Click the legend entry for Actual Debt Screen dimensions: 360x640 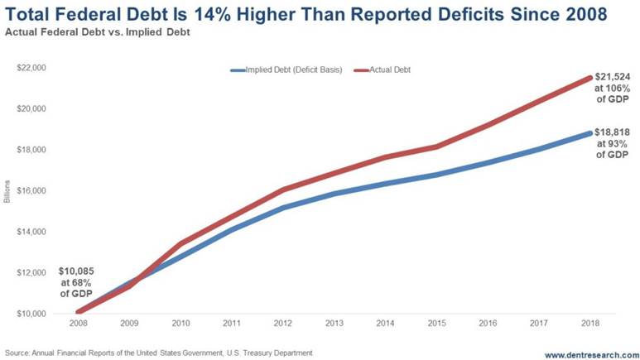(386, 70)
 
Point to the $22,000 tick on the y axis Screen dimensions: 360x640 (31, 67)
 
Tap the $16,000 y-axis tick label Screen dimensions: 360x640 (31, 190)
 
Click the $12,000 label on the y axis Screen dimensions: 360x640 (31, 272)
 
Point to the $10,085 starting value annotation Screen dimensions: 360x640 (75, 271)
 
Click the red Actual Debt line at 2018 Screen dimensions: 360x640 (589, 78)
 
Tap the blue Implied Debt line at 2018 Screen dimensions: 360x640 (589, 133)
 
